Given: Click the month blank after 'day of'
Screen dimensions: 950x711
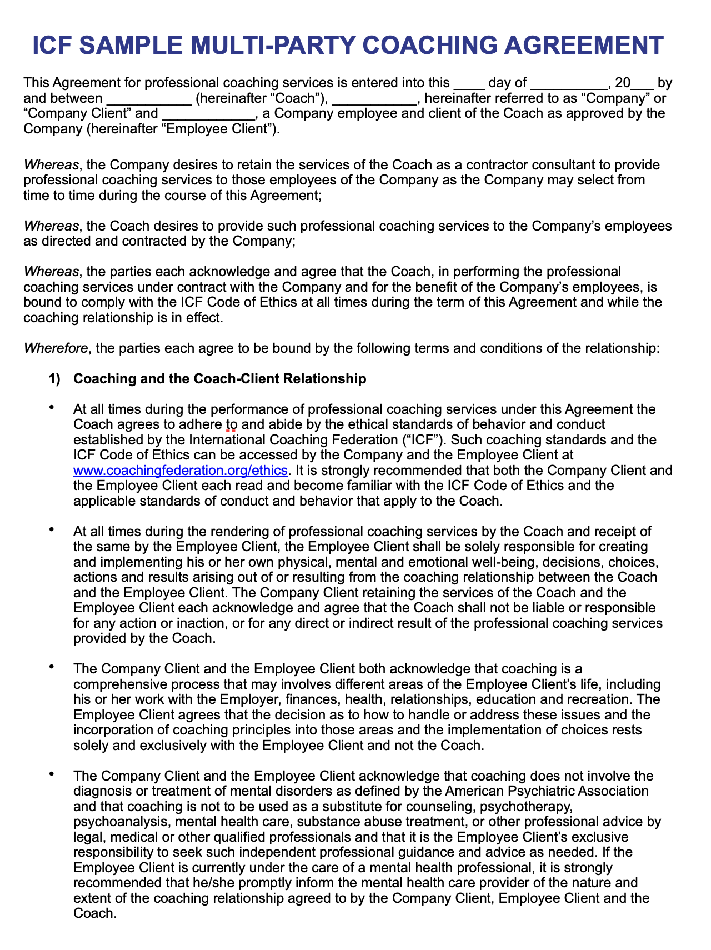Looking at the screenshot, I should click(x=569, y=84).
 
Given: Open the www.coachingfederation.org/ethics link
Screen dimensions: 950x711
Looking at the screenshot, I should click(x=181, y=470).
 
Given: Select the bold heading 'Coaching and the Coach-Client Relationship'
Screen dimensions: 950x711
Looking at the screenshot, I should click(x=220, y=379).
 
